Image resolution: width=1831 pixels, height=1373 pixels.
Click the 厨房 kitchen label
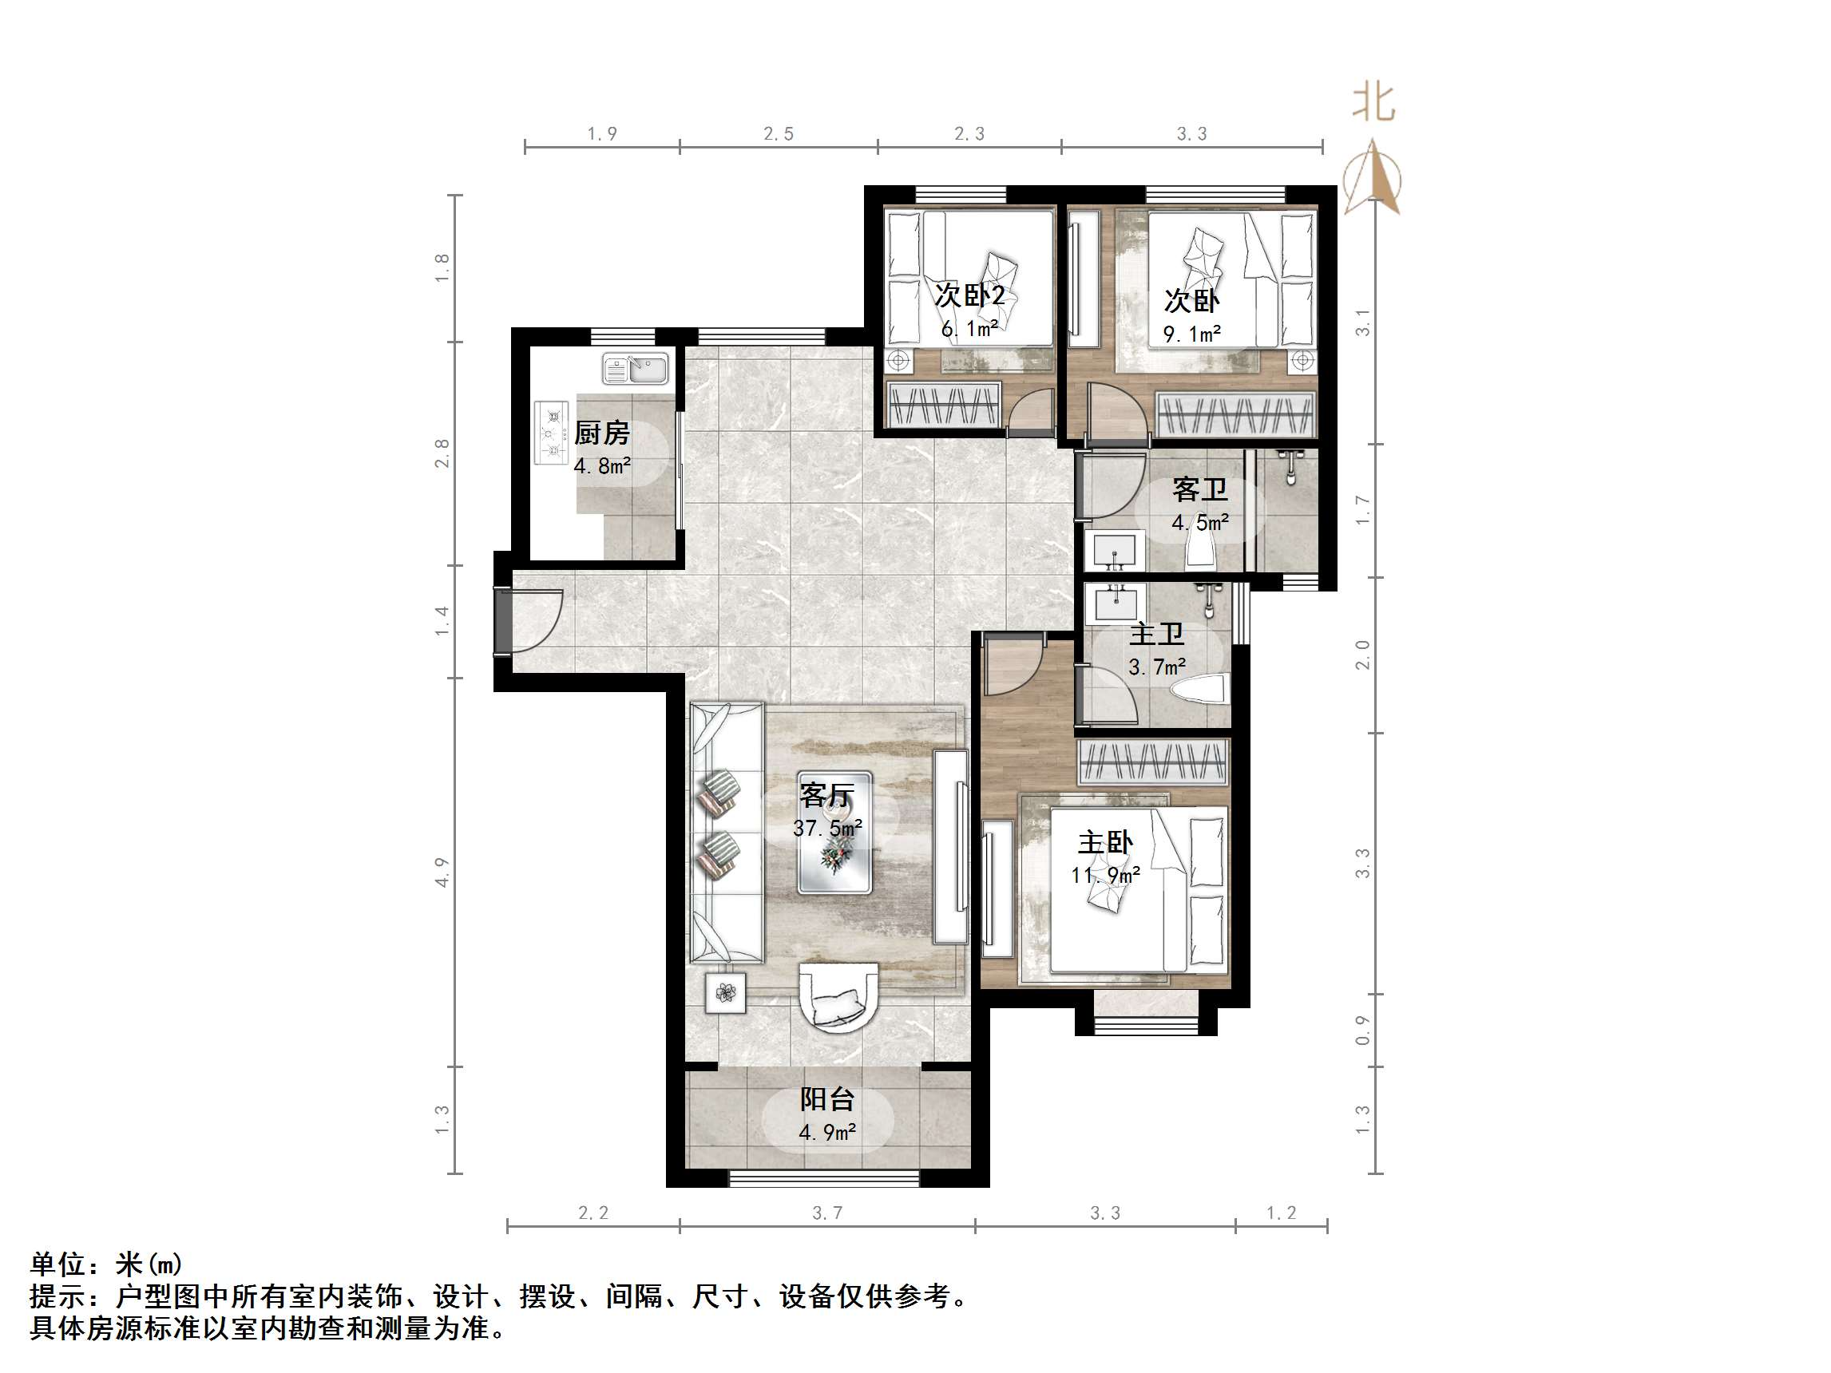[602, 432]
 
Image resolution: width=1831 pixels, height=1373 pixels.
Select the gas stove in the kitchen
[552, 432]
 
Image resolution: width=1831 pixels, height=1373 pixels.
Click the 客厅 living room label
[827, 795]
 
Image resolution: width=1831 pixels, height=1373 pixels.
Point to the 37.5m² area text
[827, 828]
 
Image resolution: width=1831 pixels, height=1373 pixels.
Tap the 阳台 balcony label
[827, 1099]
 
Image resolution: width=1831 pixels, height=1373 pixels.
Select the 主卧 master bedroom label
[1105, 842]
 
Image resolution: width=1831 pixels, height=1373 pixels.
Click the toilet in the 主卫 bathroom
[1204, 689]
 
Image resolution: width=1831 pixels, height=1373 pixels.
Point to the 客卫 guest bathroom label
[1199, 490]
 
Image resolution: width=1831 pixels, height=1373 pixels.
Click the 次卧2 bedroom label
[970, 295]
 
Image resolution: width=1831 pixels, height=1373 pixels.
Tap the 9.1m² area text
[1192, 334]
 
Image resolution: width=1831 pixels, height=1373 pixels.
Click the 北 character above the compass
[1373, 103]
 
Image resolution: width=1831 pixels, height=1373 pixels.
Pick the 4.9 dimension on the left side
[442, 872]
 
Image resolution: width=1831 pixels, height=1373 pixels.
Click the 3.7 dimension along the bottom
[827, 1213]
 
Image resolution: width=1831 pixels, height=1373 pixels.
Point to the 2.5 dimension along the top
[778, 134]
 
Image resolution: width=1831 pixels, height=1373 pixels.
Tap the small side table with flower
[725, 992]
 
